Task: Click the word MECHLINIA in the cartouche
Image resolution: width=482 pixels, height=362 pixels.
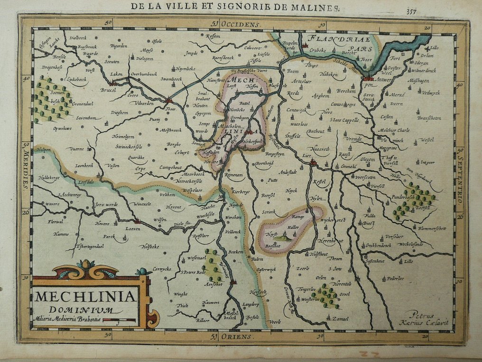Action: coord(84,297)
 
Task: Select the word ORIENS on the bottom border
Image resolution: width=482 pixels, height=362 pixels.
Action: coord(238,337)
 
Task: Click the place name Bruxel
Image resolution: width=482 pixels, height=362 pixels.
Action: coord(109,90)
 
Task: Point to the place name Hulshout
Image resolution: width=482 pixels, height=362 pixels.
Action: coord(318,254)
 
